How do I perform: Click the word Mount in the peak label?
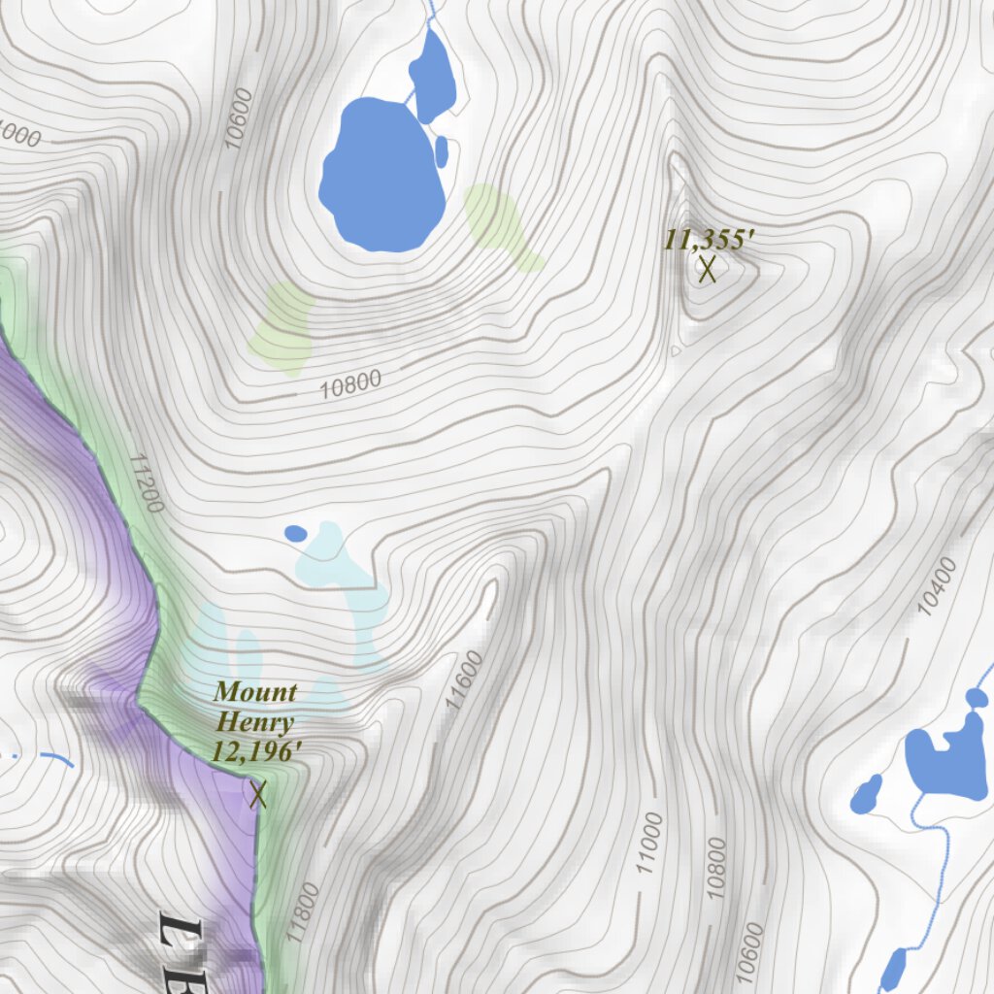coord(255,692)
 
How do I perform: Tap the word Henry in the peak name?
coord(255,722)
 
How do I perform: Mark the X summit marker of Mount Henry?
coord(257,795)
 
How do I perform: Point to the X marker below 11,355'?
coord(707,269)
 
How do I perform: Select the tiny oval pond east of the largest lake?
coord(442,151)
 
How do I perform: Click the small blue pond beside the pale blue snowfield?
coord(295,533)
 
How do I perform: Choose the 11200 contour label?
coord(147,482)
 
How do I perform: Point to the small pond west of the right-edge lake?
coord(865,795)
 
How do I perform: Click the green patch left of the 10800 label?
coord(282,327)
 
